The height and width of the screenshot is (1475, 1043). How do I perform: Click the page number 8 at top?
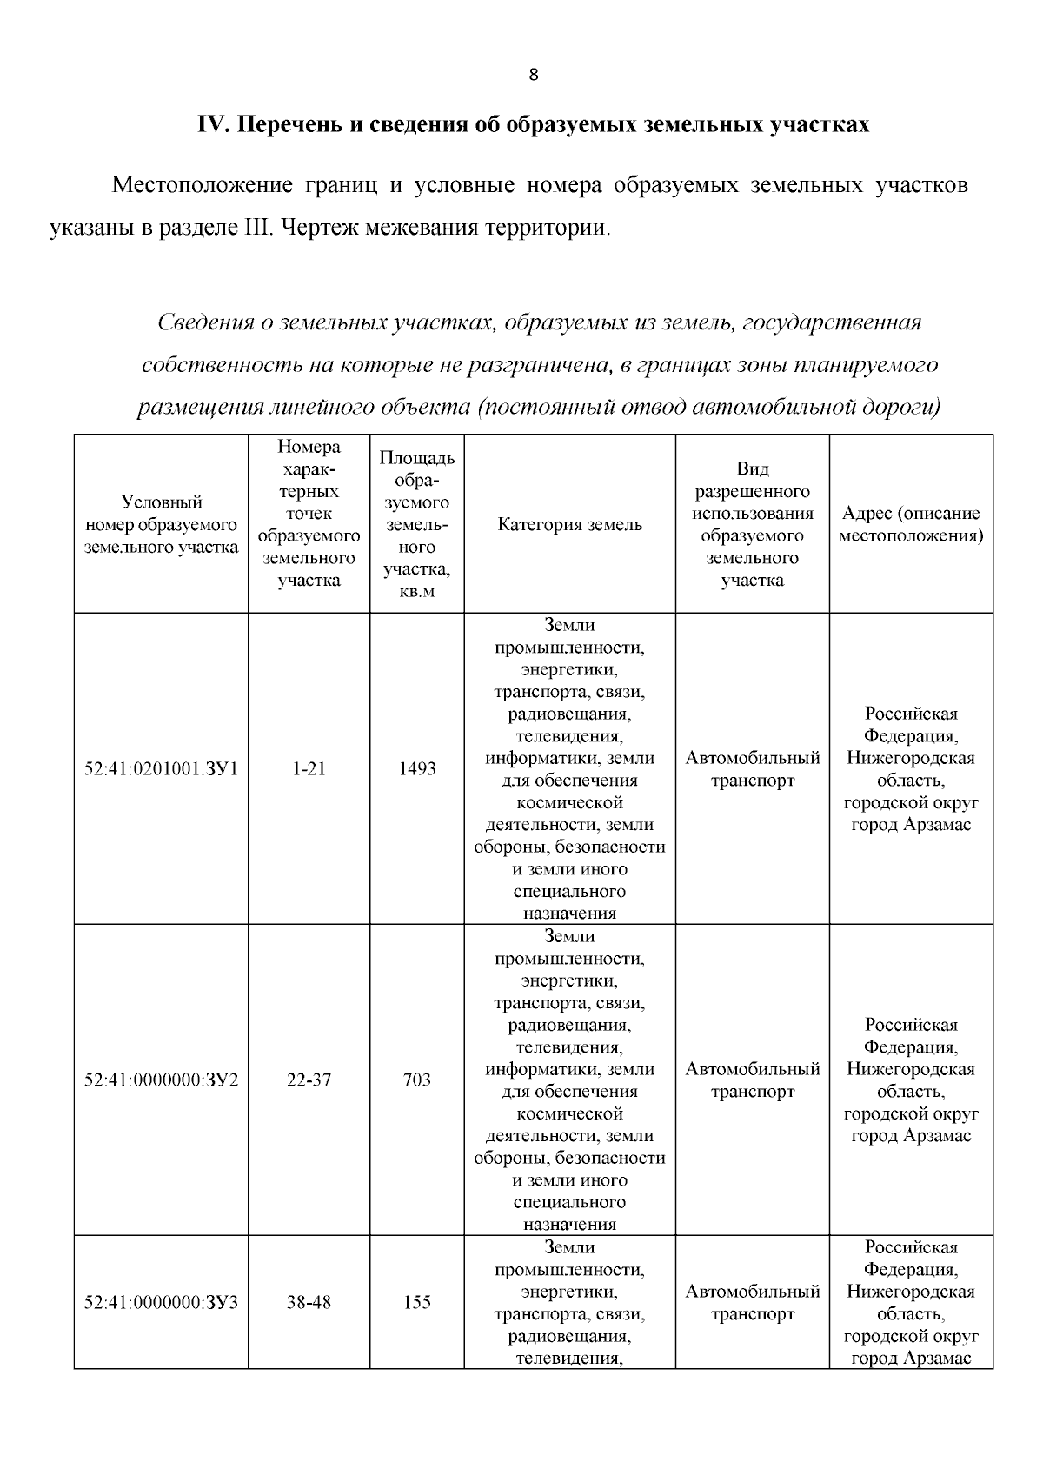534,75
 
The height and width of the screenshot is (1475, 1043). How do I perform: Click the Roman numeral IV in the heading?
212,124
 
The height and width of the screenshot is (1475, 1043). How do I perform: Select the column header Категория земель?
569,524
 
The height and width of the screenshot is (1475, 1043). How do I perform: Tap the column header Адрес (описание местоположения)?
911,524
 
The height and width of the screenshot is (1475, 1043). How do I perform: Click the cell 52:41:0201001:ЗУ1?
161,768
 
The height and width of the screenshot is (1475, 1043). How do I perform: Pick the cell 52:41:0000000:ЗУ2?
161,1080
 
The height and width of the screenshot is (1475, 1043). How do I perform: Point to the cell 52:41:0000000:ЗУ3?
161,1302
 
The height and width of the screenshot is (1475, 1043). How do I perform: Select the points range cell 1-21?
309,768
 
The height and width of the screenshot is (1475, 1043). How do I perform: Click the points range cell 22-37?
309,1080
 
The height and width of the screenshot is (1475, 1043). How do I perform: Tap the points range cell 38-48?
309,1302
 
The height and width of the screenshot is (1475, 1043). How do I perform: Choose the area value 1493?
417,768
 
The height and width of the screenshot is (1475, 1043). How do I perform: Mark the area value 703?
417,1080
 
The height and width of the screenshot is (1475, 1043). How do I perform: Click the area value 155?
417,1302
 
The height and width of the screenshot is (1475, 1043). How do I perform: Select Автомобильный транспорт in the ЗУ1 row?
753,769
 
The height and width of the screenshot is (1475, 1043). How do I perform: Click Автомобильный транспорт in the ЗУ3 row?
753,1302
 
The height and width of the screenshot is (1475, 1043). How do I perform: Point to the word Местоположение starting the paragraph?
199,186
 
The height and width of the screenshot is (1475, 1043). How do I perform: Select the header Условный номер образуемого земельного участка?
161,524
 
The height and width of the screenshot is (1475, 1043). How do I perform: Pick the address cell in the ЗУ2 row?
911,1080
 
